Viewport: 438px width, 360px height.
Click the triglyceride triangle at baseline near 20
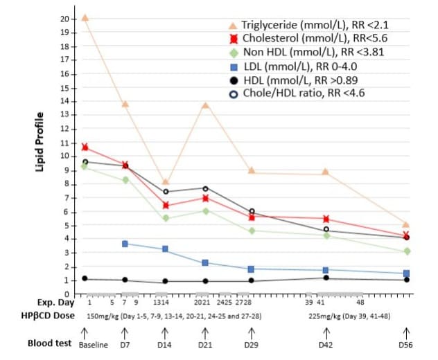(85, 17)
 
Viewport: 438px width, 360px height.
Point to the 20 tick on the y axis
(64, 18)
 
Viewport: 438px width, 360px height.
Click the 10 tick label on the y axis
(64, 156)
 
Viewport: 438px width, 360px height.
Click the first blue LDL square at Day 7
(125, 244)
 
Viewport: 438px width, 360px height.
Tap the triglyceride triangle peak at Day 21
(205, 105)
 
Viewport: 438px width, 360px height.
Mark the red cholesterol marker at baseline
(85, 147)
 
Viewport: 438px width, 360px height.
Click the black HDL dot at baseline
(85, 278)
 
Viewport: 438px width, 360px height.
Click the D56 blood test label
(406, 344)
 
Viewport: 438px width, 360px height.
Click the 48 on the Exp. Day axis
(360, 303)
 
